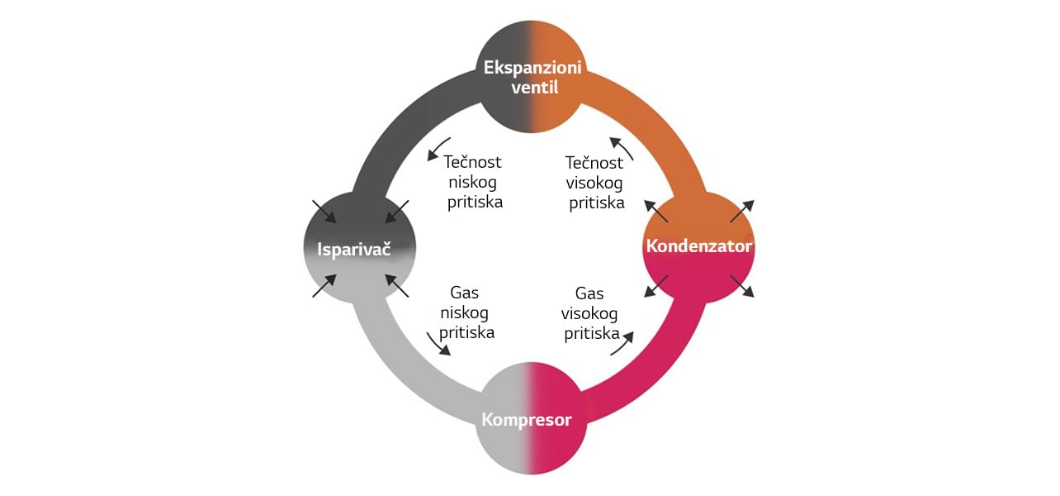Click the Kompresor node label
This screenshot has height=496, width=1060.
point(526,420)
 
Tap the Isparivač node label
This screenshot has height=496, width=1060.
point(354,247)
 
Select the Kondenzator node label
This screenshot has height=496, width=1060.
point(698,246)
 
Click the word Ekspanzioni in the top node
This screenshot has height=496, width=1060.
point(532,68)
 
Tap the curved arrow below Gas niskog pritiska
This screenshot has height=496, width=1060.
point(438,343)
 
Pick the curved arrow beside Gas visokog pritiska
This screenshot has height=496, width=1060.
point(622,341)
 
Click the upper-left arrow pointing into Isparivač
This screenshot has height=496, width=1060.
point(324,211)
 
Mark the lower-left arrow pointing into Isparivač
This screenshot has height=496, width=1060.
point(324,286)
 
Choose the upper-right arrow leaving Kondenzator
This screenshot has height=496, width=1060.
point(741,211)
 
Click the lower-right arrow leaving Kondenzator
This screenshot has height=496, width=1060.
point(741,286)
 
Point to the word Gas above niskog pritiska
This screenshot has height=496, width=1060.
point(464,293)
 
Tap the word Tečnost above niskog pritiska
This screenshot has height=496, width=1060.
point(472,163)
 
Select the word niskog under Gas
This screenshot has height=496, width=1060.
point(465,313)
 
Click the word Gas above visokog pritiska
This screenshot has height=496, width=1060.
point(589,293)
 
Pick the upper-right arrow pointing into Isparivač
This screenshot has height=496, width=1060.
point(397,211)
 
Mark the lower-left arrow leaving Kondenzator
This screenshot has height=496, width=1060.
point(655,285)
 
